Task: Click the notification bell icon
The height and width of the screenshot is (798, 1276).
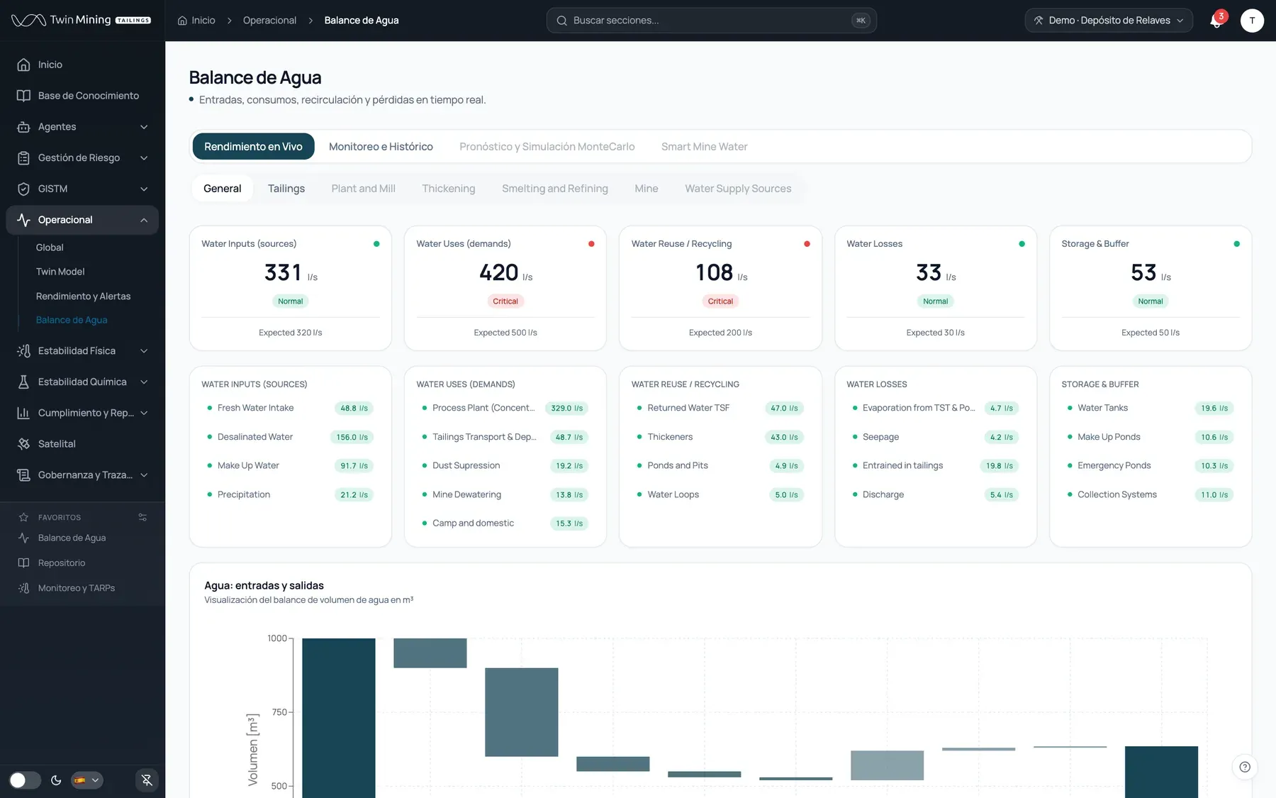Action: pos(1216,21)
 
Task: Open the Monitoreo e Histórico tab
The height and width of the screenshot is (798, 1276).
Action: pos(381,147)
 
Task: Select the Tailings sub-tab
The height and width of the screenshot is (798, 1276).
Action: pos(286,189)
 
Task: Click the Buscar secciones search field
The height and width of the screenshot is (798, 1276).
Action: pos(711,21)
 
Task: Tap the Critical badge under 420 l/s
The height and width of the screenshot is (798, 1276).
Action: pos(505,301)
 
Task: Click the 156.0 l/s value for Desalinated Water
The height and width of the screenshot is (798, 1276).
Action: pos(352,437)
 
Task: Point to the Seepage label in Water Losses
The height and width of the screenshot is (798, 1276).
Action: pos(880,437)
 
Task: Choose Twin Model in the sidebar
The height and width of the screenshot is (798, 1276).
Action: pos(60,272)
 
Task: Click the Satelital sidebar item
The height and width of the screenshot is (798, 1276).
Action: pos(57,444)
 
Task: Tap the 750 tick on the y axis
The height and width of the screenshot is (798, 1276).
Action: pos(280,712)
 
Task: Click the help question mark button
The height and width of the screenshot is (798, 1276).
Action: pos(1245,767)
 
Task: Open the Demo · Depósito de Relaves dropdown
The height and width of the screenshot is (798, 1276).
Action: pos(1109,21)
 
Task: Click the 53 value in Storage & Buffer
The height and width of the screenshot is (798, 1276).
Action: pos(1143,272)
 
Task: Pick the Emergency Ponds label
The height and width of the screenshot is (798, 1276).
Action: pos(1114,465)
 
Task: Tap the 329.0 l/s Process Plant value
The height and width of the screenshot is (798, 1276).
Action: pos(567,408)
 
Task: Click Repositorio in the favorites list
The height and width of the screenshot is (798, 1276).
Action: pos(62,563)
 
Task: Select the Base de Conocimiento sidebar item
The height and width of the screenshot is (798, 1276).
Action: pos(89,96)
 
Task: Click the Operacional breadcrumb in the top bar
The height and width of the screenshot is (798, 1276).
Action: pos(269,21)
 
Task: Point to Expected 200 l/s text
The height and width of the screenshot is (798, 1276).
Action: pos(720,333)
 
